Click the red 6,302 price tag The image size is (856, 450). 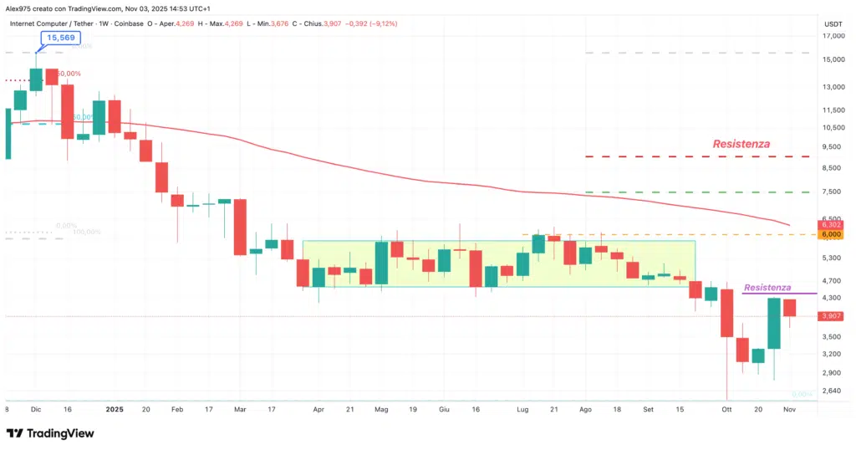click(x=830, y=225)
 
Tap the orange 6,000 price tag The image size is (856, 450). click(x=830, y=235)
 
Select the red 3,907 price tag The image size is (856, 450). click(x=830, y=316)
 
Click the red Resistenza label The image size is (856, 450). click(x=741, y=144)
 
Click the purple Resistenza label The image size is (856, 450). click(x=767, y=287)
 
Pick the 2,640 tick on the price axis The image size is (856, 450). click(x=830, y=391)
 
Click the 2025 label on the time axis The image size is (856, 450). click(x=115, y=410)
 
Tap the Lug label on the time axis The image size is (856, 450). click(x=523, y=410)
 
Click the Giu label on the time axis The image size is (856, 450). click(x=445, y=410)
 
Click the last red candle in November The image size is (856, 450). click(x=789, y=307)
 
